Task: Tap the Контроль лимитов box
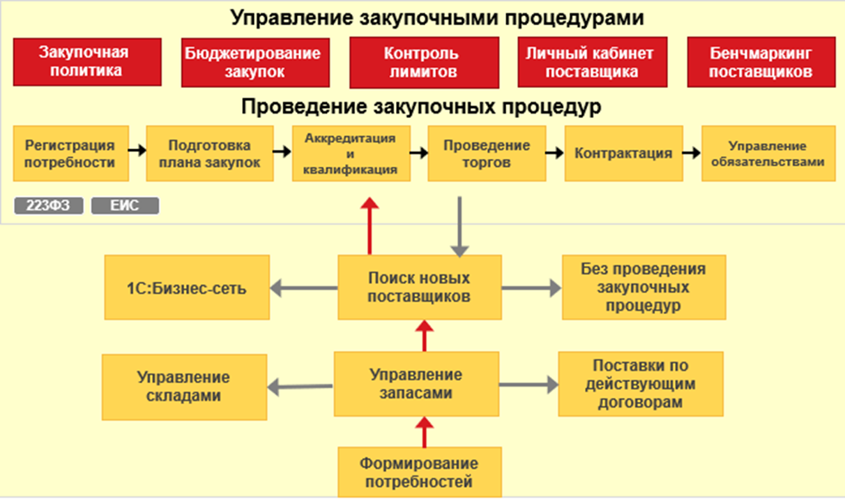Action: (x=424, y=62)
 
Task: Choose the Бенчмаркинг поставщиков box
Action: (x=761, y=62)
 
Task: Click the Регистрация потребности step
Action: (x=70, y=154)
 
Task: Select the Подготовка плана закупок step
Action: (x=209, y=154)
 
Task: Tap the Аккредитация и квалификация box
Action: (x=351, y=154)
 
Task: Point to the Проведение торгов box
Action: (x=487, y=154)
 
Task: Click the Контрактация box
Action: (x=623, y=154)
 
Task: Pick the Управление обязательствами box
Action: (x=768, y=154)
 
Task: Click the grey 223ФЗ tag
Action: (x=49, y=206)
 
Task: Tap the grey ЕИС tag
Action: (x=125, y=206)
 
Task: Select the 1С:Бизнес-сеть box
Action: (x=186, y=287)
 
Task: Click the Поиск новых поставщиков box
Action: (x=419, y=287)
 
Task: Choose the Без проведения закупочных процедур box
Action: (x=644, y=287)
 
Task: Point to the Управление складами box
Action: (x=184, y=386)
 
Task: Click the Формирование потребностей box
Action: (x=419, y=472)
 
